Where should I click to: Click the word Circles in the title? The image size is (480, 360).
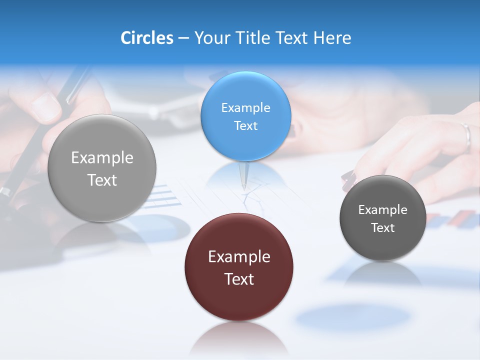pos(146,38)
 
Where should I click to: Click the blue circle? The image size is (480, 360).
pos(245,116)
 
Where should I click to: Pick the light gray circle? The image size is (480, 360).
pos(102,168)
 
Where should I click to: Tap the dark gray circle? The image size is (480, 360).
pos(382,218)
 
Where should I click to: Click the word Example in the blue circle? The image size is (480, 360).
pos(245,108)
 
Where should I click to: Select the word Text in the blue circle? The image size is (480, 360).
pos(245,125)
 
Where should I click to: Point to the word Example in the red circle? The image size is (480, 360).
pos(239,257)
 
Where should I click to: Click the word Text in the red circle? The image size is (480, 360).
pos(239,279)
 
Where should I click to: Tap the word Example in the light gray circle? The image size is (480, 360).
pos(102,158)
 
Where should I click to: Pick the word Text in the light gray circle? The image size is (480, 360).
pos(102,180)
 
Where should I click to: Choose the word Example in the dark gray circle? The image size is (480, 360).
pos(382,210)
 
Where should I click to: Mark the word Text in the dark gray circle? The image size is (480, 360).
pos(382,228)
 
